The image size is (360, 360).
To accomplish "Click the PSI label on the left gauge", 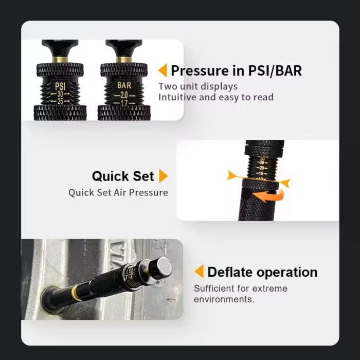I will (x=60, y=85).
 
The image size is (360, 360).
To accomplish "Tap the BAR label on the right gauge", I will (x=124, y=85).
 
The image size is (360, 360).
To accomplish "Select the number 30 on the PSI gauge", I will (x=60, y=94).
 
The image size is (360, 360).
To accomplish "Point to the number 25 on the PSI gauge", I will (x=60, y=101).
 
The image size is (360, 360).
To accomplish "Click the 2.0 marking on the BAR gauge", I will (x=124, y=94).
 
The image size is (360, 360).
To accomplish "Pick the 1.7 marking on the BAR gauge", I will (x=124, y=102).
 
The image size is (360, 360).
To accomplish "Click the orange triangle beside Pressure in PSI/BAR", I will (x=163, y=70).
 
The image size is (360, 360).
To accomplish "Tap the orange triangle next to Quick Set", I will (x=163, y=176).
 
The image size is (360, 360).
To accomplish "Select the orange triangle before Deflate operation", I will (x=199, y=272).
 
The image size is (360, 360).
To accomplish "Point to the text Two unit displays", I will (x=198, y=86).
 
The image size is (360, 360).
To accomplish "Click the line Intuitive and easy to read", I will (x=215, y=97).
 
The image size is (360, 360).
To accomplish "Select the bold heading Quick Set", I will (x=123, y=176).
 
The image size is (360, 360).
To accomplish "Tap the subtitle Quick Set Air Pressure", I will (x=118, y=192).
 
